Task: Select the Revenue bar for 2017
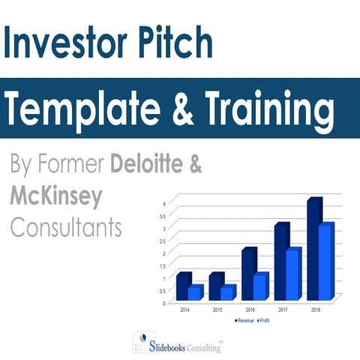tap(281, 262)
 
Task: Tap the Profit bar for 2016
tap(259, 287)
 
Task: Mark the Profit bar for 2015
tap(226, 293)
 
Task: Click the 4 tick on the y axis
tap(164, 203)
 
